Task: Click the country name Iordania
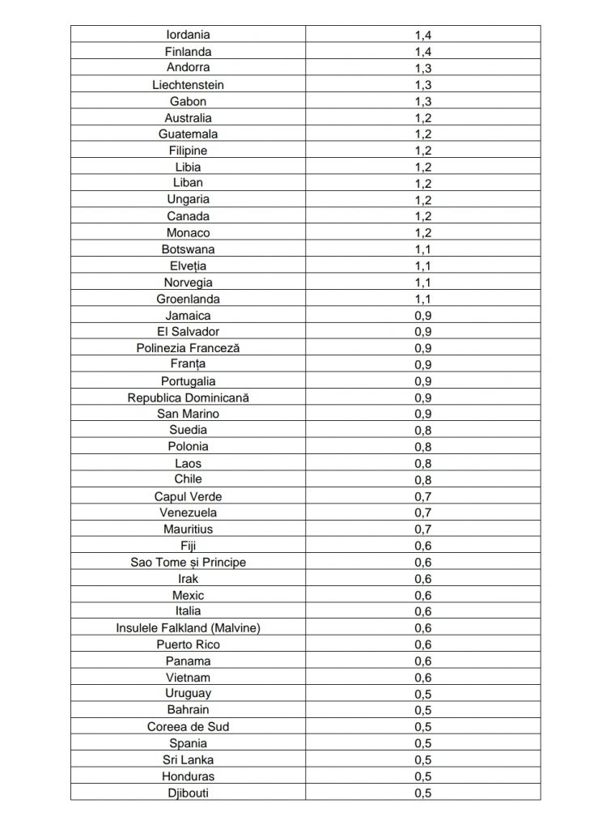point(188,35)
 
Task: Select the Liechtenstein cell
point(188,84)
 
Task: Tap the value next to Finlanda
point(422,52)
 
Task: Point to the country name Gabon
point(188,101)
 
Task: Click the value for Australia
point(422,118)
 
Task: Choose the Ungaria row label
point(188,199)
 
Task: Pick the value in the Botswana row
point(422,249)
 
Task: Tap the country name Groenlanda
point(188,299)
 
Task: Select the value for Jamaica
point(422,316)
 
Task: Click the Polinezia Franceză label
point(188,348)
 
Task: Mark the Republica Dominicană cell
point(188,397)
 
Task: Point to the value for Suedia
point(422,431)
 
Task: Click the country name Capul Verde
point(188,496)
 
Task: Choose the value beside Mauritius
point(422,529)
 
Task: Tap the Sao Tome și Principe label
point(188,562)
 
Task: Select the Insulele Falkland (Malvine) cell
point(188,627)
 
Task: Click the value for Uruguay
point(422,694)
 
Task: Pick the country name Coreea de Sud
point(188,726)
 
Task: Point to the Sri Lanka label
point(188,759)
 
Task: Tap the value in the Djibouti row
point(422,793)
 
